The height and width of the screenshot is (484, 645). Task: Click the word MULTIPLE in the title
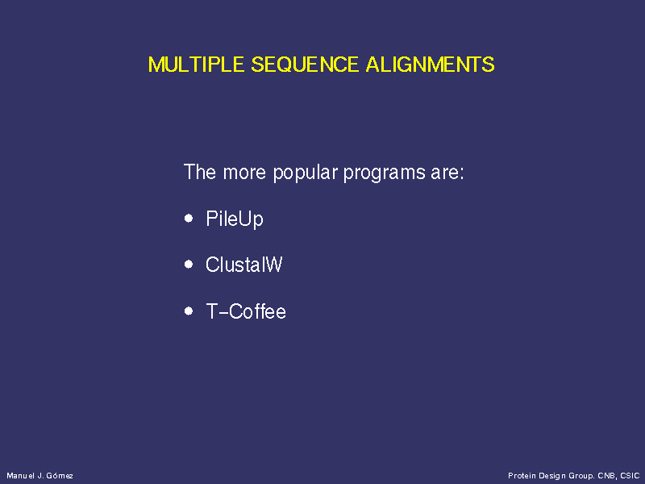pyautogui.click(x=196, y=65)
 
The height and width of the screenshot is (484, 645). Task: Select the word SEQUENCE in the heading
pyautogui.click(x=305, y=65)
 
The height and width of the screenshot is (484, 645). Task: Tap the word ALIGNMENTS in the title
pyautogui.click(x=430, y=65)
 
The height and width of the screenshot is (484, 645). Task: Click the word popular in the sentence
pyautogui.click(x=306, y=173)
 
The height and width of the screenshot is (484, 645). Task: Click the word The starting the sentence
pyautogui.click(x=199, y=172)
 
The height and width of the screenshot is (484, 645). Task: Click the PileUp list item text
pyautogui.click(x=235, y=219)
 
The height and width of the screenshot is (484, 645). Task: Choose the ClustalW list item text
pyautogui.click(x=244, y=265)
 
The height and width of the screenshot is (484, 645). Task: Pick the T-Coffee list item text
pyautogui.click(x=246, y=311)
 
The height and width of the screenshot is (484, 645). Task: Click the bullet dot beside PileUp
pyautogui.click(x=189, y=218)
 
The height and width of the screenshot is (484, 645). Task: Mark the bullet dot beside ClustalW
pyautogui.click(x=189, y=265)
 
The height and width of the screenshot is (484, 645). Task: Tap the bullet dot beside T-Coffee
pyautogui.click(x=189, y=311)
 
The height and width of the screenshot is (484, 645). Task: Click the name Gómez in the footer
pyautogui.click(x=60, y=476)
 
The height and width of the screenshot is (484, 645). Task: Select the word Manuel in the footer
pyautogui.click(x=20, y=476)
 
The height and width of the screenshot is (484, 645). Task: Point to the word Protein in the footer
pyautogui.click(x=522, y=476)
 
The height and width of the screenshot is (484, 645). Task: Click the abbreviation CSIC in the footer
pyautogui.click(x=630, y=476)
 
